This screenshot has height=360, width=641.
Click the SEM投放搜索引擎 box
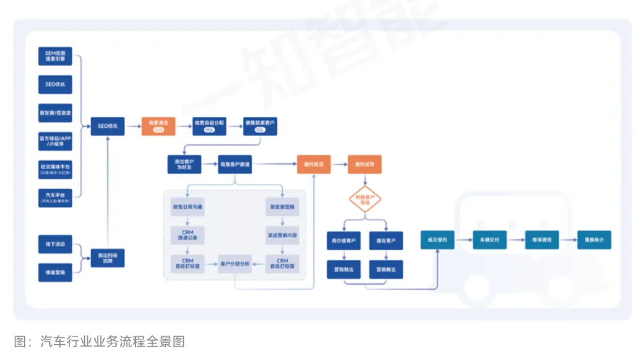[x=55, y=56]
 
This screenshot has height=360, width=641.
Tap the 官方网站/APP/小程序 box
[x=55, y=140]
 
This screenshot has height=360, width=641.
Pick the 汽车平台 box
[x=55, y=197]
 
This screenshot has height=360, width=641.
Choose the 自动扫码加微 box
[x=107, y=258]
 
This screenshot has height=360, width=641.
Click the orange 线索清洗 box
[x=159, y=126]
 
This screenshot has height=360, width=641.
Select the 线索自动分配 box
[x=210, y=126]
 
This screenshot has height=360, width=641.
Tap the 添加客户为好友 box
[x=184, y=165]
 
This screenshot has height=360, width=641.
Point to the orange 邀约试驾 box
[x=365, y=165]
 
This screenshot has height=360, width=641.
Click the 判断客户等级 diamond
[x=365, y=200]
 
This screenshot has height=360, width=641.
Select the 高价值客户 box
[x=344, y=241]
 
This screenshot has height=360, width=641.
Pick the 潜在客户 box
[x=386, y=241]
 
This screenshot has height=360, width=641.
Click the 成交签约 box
[x=437, y=241]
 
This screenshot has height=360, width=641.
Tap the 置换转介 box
[x=594, y=241]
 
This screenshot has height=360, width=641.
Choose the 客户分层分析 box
[x=235, y=264]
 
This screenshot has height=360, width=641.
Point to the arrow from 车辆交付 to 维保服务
[x=515, y=241]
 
